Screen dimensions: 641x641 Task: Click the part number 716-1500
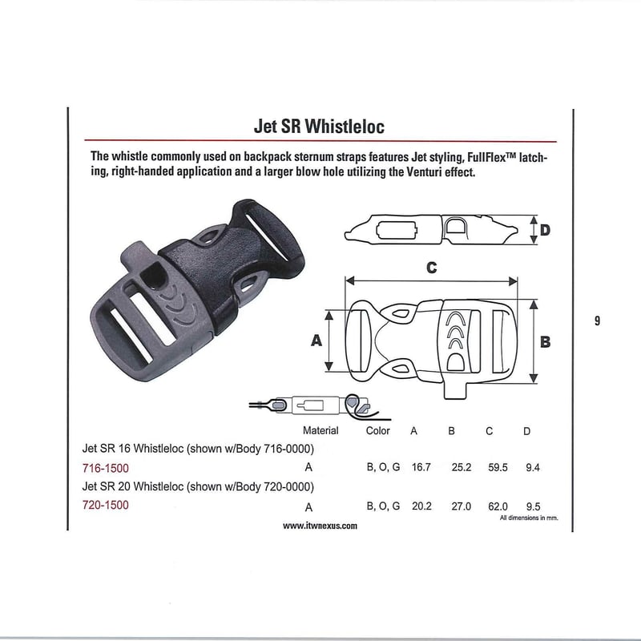coord(106,467)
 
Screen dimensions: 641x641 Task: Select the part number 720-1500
coord(106,506)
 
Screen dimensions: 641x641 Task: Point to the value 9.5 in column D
coord(532,506)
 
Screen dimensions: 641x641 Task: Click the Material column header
coord(320,430)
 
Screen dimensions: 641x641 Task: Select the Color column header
coord(377,430)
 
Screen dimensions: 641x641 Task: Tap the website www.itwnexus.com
coord(320,526)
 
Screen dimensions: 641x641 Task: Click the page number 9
coord(598,322)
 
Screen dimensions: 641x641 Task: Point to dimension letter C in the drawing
coord(431,268)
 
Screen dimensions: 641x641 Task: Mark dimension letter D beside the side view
coord(545,231)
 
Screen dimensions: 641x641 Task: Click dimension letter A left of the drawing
coord(316,341)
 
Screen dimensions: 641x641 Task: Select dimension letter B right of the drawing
coord(545,341)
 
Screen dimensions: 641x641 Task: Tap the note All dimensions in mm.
coord(528,518)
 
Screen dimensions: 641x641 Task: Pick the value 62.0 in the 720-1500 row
coord(496,506)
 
